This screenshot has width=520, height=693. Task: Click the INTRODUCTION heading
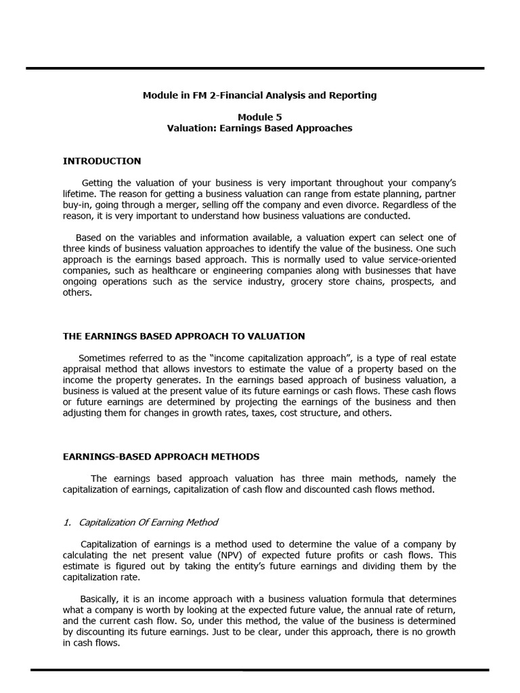point(102,161)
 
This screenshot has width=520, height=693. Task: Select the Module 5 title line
point(259,117)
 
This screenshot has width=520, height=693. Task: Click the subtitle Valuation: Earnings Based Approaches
point(259,128)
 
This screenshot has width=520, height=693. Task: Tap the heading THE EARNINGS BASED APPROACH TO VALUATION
point(183,336)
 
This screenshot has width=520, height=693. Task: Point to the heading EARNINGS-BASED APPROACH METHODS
point(161,457)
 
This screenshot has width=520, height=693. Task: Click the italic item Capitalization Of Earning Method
point(148,522)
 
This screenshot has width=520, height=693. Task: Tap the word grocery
point(306,282)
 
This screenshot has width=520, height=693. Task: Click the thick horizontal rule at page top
point(255,68)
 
